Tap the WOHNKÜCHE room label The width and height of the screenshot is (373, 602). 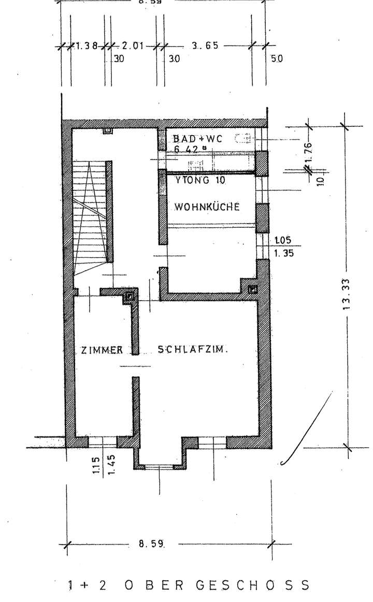tap(207, 207)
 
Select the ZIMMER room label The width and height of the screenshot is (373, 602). tap(102, 349)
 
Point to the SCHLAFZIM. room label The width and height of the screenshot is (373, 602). tap(193, 349)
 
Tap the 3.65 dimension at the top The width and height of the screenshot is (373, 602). tap(204, 45)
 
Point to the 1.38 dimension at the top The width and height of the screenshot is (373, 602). tap(87, 45)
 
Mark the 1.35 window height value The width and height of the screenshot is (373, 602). tap(283, 254)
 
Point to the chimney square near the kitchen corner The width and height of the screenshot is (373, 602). tap(253, 289)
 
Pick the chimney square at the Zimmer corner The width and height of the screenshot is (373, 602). tap(130, 297)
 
